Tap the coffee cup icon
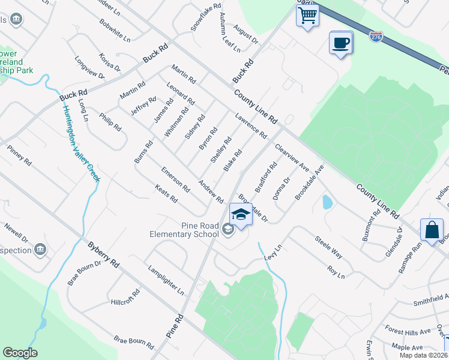(x=340, y=43)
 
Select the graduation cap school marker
(x=241, y=214)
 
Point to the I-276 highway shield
(x=376, y=37)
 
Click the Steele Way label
(x=329, y=247)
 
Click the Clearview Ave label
(x=291, y=157)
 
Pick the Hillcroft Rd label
(x=125, y=297)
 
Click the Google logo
(x=20, y=353)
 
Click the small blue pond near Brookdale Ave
(x=327, y=202)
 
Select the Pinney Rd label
(x=19, y=155)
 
